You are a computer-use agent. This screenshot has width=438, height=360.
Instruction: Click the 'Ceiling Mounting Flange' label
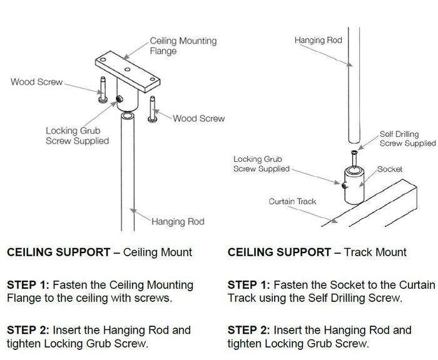[183, 46]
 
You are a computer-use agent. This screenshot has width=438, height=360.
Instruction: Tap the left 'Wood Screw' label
[36, 82]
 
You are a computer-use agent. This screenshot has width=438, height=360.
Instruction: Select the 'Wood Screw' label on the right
[198, 118]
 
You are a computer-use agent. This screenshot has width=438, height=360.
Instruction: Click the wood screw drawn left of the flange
[102, 88]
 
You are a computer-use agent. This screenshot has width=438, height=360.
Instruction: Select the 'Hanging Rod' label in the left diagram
[178, 221]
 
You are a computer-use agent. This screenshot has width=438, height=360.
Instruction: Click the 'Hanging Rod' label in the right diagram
[318, 41]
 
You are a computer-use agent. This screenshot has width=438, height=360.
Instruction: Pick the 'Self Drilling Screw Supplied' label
[407, 139]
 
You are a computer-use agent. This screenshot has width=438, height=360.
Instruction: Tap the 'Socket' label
[389, 169]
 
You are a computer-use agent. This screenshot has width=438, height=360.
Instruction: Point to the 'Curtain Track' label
[292, 201]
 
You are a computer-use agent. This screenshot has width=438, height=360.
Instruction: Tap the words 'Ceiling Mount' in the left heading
[158, 252]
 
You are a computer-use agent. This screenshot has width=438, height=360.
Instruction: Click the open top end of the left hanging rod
[127, 116]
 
